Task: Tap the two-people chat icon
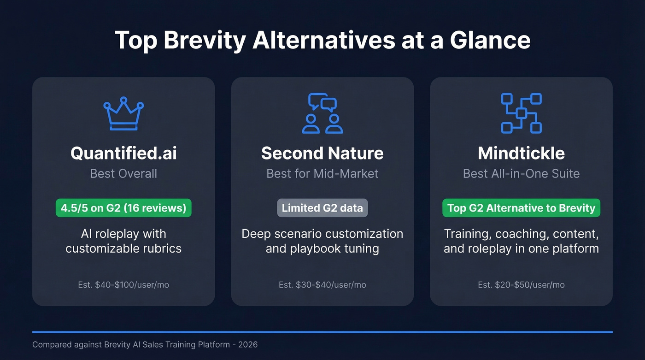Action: [x=322, y=113]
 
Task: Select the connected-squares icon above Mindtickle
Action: [x=521, y=113]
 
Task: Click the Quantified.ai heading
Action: [x=123, y=153]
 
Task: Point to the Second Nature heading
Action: [x=322, y=153]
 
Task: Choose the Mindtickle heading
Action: [x=521, y=153]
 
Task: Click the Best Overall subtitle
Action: [x=123, y=174]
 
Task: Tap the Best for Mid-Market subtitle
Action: [x=322, y=174]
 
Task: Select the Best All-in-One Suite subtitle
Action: [x=521, y=174]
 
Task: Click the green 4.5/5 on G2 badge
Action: [x=123, y=208]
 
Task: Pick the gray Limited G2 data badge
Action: [x=322, y=208]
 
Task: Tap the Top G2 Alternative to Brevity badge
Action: [x=521, y=208]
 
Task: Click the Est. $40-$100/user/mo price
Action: [x=123, y=285]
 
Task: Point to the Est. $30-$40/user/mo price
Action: [x=322, y=285]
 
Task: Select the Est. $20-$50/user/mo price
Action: [x=521, y=285]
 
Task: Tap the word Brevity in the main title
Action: [x=205, y=40]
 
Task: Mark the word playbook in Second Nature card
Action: [x=313, y=249]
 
